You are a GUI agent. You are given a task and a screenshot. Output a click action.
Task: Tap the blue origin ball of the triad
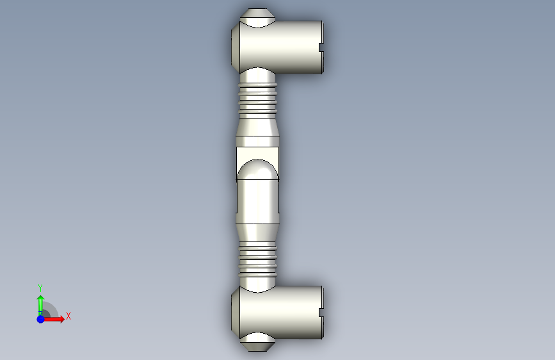(x=40, y=319)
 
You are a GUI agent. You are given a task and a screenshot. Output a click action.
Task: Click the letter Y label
(x=40, y=288)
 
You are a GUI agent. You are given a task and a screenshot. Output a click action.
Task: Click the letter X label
(x=68, y=316)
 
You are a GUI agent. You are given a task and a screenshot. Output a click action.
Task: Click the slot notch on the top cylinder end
(x=321, y=47)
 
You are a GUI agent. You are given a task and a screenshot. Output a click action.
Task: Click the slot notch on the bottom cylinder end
(x=321, y=313)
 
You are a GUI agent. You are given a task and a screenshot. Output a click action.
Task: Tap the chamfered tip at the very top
(x=258, y=14)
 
